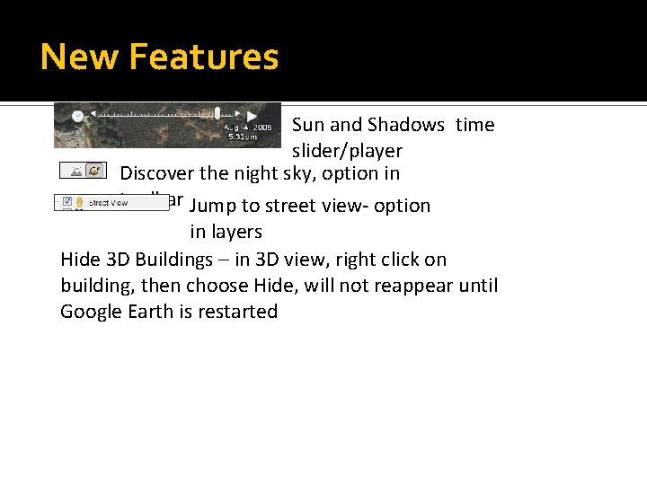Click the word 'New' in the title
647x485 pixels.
click(x=79, y=57)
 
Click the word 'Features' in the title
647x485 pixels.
click(x=204, y=57)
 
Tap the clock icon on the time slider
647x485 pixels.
click(x=78, y=116)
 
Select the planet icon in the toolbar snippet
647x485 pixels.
click(x=94, y=170)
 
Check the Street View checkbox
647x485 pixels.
click(x=65, y=202)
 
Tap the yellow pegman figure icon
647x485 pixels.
click(x=79, y=203)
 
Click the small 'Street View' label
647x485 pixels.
click(x=108, y=203)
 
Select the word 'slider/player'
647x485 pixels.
click(x=347, y=151)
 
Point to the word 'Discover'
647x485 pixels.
click(x=156, y=172)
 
